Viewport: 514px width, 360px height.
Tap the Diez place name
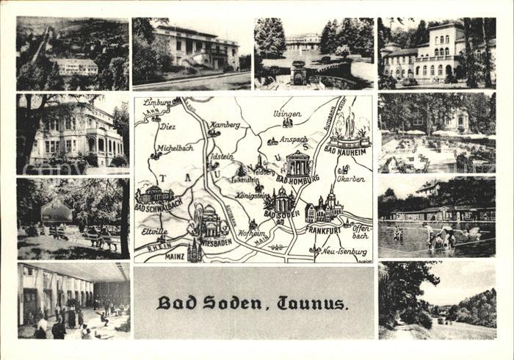pyautogui.click(x=168, y=125)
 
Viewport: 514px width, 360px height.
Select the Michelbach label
pyautogui.click(x=175, y=148)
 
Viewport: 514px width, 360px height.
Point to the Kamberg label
pyautogui.click(x=225, y=125)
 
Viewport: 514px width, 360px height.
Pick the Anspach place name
pyautogui.click(x=293, y=139)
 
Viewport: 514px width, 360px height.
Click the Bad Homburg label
pyautogui.click(x=297, y=179)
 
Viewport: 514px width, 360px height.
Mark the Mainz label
pyautogui.click(x=174, y=256)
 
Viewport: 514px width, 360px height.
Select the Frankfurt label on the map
pyautogui.click(x=324, y=230)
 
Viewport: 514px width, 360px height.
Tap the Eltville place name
pyautogui.click(x=156, y=230)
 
